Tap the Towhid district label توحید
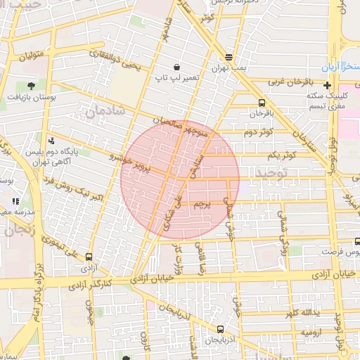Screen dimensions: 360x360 [x=272, y=172]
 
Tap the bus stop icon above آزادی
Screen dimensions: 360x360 [x=89, y=257]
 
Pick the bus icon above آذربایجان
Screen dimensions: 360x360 [x=221, y=329]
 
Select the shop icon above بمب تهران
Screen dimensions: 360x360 [x=229, y=56]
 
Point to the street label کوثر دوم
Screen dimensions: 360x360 [x=258, y=132]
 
